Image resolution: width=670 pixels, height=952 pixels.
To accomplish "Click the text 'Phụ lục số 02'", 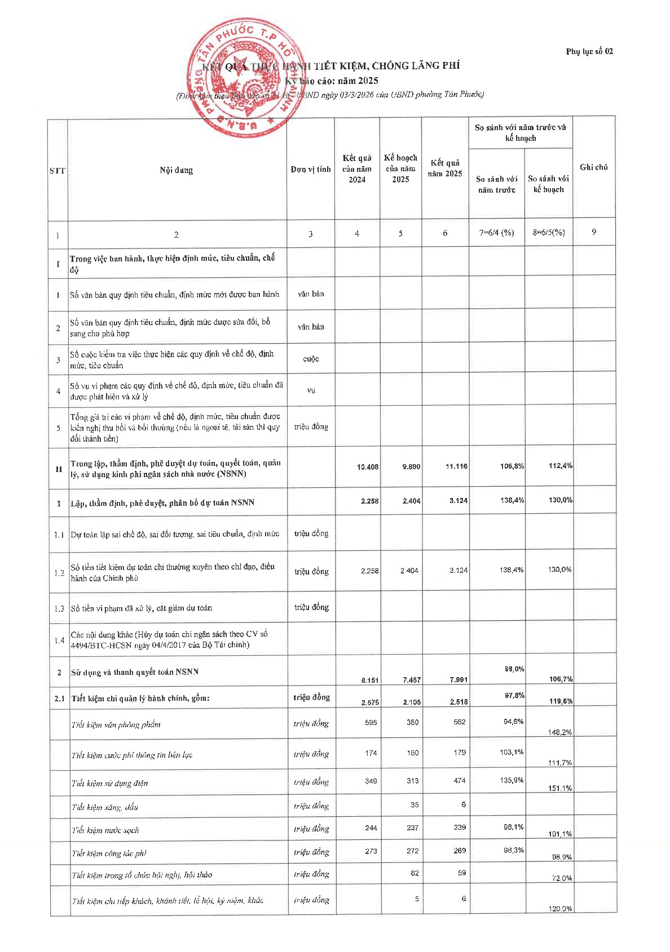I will click(589, 51).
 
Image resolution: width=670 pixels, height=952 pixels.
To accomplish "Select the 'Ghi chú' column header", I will click(593, 167).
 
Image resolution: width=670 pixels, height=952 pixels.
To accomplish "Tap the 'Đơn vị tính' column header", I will click(311, 170).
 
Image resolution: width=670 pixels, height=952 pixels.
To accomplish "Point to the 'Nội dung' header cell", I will click(176, 170).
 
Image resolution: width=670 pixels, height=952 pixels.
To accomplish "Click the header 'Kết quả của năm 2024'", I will click(357, 168).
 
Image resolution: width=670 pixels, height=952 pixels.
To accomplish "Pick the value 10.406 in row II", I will click(368, 466).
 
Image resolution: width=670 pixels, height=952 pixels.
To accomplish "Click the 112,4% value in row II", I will click(560, 465).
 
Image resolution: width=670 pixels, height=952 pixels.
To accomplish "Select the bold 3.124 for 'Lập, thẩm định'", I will click(459, 500).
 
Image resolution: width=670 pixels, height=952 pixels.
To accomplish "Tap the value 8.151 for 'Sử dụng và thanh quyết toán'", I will click(369, 680).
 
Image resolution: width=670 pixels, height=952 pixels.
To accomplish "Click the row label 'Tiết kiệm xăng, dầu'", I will click(105, 807).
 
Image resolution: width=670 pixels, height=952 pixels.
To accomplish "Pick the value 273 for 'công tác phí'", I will click(371, 851).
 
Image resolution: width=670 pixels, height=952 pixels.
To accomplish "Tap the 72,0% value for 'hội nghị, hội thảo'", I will click(562, 878).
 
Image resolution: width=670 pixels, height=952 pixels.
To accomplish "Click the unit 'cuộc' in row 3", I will click(311, 359).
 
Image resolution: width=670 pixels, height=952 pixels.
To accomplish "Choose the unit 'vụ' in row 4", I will click(311, 390).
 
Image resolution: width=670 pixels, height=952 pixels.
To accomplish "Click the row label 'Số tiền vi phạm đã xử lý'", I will click(141, 608).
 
